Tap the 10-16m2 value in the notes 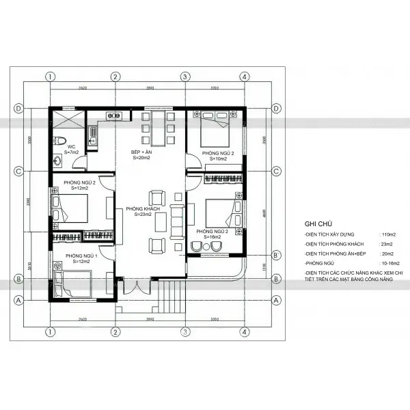click(x=390, y=262)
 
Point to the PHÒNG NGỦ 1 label click(x=81, y=256)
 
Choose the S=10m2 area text click(x=219, y=159)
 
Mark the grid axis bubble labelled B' click(x=275, y=255)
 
